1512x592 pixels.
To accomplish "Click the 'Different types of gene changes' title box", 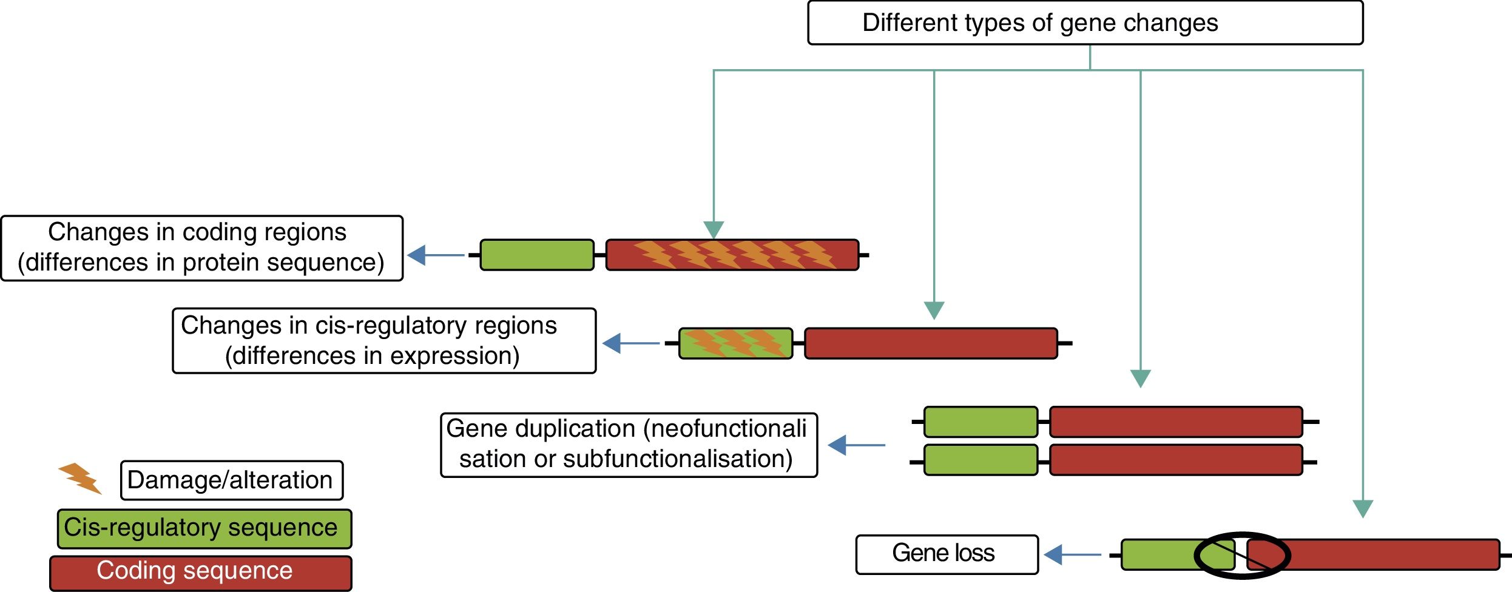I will pyautogui.click(x=1085, y=23).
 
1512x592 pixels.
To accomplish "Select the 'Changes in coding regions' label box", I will pyautogui.click(x=201, y=248).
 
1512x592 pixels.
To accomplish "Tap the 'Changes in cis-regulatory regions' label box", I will pyautogui.click(x=384, y=341).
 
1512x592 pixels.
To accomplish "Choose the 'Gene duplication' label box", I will pyautogui.click(x=629, y=445).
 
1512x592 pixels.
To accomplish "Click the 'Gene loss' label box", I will pyautogui.click(x=947, y=554).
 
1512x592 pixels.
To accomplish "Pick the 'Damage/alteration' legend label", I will pyautogui.click(x=231, y=480).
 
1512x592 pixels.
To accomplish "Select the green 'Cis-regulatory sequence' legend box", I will pyautogui.click(x=204, y=529).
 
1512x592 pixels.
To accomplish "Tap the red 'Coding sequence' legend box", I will pyautogui.click(x=201, y=573).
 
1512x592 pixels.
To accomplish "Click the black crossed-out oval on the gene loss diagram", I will pyautogui.click(x=1242, y=555).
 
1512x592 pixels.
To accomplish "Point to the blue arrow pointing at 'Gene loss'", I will pyautogui.click(x=1072, y=554).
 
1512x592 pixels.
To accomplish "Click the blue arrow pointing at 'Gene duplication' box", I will pyautogui.click(x=856, y=445).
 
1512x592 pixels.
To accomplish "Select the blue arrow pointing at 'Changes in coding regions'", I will pyautogui.click(x=435, y=255).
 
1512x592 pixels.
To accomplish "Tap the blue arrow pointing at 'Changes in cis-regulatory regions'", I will pyautogui.click(x=630, y=343).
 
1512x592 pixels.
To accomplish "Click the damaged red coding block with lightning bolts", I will pyautogui.click(x=732, y=255).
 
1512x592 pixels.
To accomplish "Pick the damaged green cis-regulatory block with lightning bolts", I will pyautogui.click(x=735, y=343).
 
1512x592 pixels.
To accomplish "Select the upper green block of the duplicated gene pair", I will pyautogui.click(x=980, y=422).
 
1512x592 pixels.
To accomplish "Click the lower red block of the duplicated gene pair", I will pyautogui.click(x=1176, y=460).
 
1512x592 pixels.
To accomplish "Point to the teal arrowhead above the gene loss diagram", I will pyautogui.click(x=1363, y=508).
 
